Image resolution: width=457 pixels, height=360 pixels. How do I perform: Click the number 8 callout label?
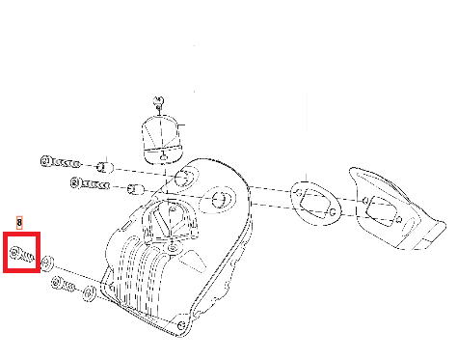(19, 222)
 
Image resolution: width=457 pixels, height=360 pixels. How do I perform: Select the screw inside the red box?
(22, 254)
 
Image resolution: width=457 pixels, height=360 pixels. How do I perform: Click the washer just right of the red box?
(48, 263)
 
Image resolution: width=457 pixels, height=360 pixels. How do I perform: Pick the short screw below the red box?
(63, 284)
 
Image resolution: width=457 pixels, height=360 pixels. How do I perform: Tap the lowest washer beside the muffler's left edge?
(89, 293)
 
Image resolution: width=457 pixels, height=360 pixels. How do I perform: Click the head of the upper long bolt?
(45, 161)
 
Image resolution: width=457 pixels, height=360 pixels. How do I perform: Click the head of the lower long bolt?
(75, 183)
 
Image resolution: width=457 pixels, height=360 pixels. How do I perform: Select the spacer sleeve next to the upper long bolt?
(105, 167)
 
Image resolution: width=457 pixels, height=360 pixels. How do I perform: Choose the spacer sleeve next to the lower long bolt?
(135, 189)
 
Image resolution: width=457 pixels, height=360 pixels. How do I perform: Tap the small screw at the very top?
(158, 102)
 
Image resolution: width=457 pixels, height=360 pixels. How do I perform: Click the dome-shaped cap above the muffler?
(163, 139)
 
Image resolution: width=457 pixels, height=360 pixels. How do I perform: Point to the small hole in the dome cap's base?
(163, 157)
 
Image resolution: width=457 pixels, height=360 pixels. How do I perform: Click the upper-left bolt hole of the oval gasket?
(299, 193)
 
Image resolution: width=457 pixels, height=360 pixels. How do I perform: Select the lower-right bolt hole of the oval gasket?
(333, 212)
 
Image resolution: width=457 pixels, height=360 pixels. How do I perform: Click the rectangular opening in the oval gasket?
(316, 203)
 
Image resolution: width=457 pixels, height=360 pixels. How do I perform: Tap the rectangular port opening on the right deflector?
(382, 210)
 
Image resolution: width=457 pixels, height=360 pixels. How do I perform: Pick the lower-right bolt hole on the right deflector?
(399, 220)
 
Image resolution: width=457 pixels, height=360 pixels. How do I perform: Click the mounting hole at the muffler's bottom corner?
(181, 325)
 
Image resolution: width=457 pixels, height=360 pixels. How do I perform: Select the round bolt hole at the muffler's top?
(186, 177)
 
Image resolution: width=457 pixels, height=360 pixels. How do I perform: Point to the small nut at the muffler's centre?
(174, 248)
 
